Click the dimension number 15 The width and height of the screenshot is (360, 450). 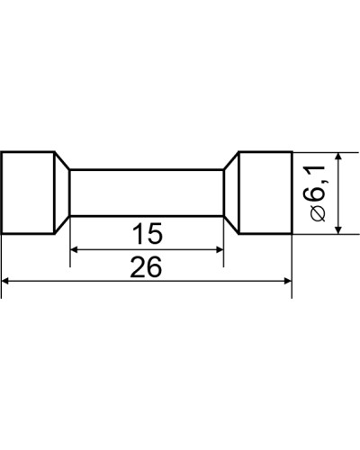[x=148, y=233]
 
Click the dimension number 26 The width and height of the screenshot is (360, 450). [x=146, y=266]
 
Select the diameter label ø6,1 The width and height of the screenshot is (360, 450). [x=318, y=193]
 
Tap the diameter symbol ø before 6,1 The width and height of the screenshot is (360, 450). [x=318, y=213]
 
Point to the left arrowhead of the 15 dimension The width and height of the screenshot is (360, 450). [x=74, y=249]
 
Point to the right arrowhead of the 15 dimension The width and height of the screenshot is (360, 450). [x=220, y=249]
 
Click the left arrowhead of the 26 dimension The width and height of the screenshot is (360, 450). [x=5, y=281]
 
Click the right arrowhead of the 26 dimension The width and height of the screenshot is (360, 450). [x=288, y=281]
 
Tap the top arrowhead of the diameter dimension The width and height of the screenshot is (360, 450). [x=338, y=157]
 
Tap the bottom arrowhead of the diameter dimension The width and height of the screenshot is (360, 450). [x=338, y=229]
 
